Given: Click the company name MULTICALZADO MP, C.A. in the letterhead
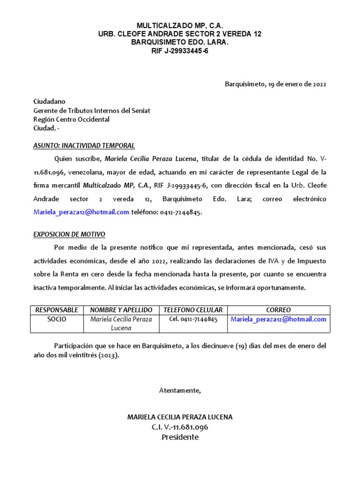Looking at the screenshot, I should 180,25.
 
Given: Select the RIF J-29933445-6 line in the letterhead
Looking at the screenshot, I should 180,51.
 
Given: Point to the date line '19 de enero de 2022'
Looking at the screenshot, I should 275,84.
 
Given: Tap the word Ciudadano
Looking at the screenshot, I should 49,101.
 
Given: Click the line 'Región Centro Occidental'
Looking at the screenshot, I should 71,119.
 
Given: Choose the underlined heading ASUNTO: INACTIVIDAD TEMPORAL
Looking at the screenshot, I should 84,145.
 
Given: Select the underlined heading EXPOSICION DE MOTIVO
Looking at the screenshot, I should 69,234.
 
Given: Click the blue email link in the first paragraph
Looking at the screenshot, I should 81,212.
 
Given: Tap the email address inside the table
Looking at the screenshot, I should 278,319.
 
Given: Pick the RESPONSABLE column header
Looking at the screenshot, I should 57,310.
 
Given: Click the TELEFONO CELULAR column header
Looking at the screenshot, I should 193,310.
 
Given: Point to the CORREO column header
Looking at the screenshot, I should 278,310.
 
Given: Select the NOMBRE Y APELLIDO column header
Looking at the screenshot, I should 121,310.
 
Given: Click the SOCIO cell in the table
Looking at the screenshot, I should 57,319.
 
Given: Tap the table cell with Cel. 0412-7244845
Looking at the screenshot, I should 193,319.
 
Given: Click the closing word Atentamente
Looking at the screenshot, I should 180,390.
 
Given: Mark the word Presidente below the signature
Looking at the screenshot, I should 180,437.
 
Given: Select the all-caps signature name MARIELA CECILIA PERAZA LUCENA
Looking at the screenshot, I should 180,417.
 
